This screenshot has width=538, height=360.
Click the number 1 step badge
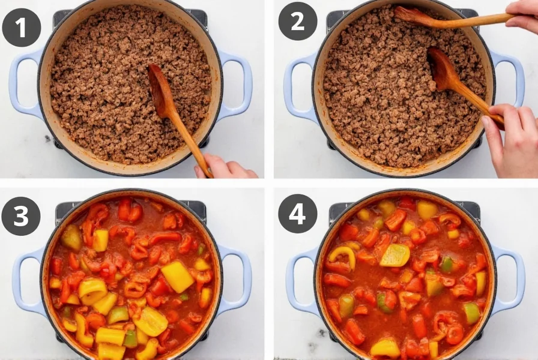pyautogui.click(x=22, y=28)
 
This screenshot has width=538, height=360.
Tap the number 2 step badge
pyautogui.click(x=297, y=22)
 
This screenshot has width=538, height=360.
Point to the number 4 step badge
pyautogui.click(x=297, y=214)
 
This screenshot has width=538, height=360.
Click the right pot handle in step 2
pyautogui.click(x=510, y=78)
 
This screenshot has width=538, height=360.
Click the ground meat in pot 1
pyautogui.click(x=108, y=90)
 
